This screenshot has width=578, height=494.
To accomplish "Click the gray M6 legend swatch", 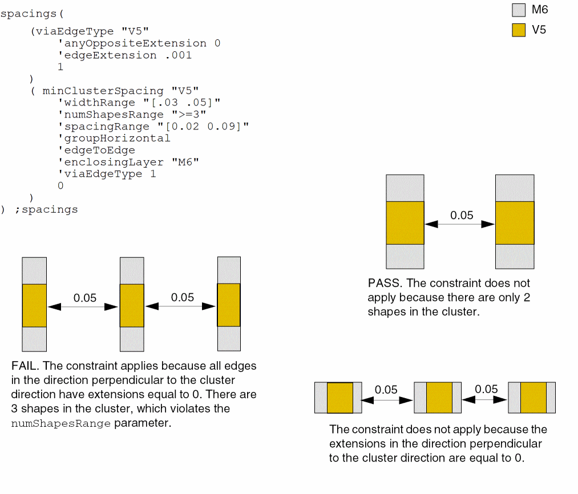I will click(x=518, y=10).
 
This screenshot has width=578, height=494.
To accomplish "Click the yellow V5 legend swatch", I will click(x=518, y=30).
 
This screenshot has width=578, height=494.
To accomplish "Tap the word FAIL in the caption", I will click(x=24, y=366).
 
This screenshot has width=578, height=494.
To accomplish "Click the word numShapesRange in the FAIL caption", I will click(x=60, y=423).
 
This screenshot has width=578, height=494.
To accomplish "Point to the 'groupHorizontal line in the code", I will click(x=114, y=138).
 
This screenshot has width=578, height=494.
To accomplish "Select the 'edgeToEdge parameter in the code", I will click(x=96, y=150).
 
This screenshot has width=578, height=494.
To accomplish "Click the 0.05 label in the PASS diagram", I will click(x=462, y=216).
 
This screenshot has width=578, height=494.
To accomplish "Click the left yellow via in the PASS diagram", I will click(x=405, y=223).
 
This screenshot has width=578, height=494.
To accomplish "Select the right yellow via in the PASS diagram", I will click(x=515, y=223).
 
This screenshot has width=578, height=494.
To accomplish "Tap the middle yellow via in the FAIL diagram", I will click(x=132, y=306).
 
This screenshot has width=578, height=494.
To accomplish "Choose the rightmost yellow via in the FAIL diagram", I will click(x=229, y=305).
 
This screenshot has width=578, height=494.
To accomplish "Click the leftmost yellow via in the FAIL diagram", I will click(x=34, y=306).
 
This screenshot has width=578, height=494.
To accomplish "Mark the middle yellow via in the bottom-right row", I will click(x=439, y=398).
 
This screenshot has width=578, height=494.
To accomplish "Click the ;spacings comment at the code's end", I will click(x=46, y=209).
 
